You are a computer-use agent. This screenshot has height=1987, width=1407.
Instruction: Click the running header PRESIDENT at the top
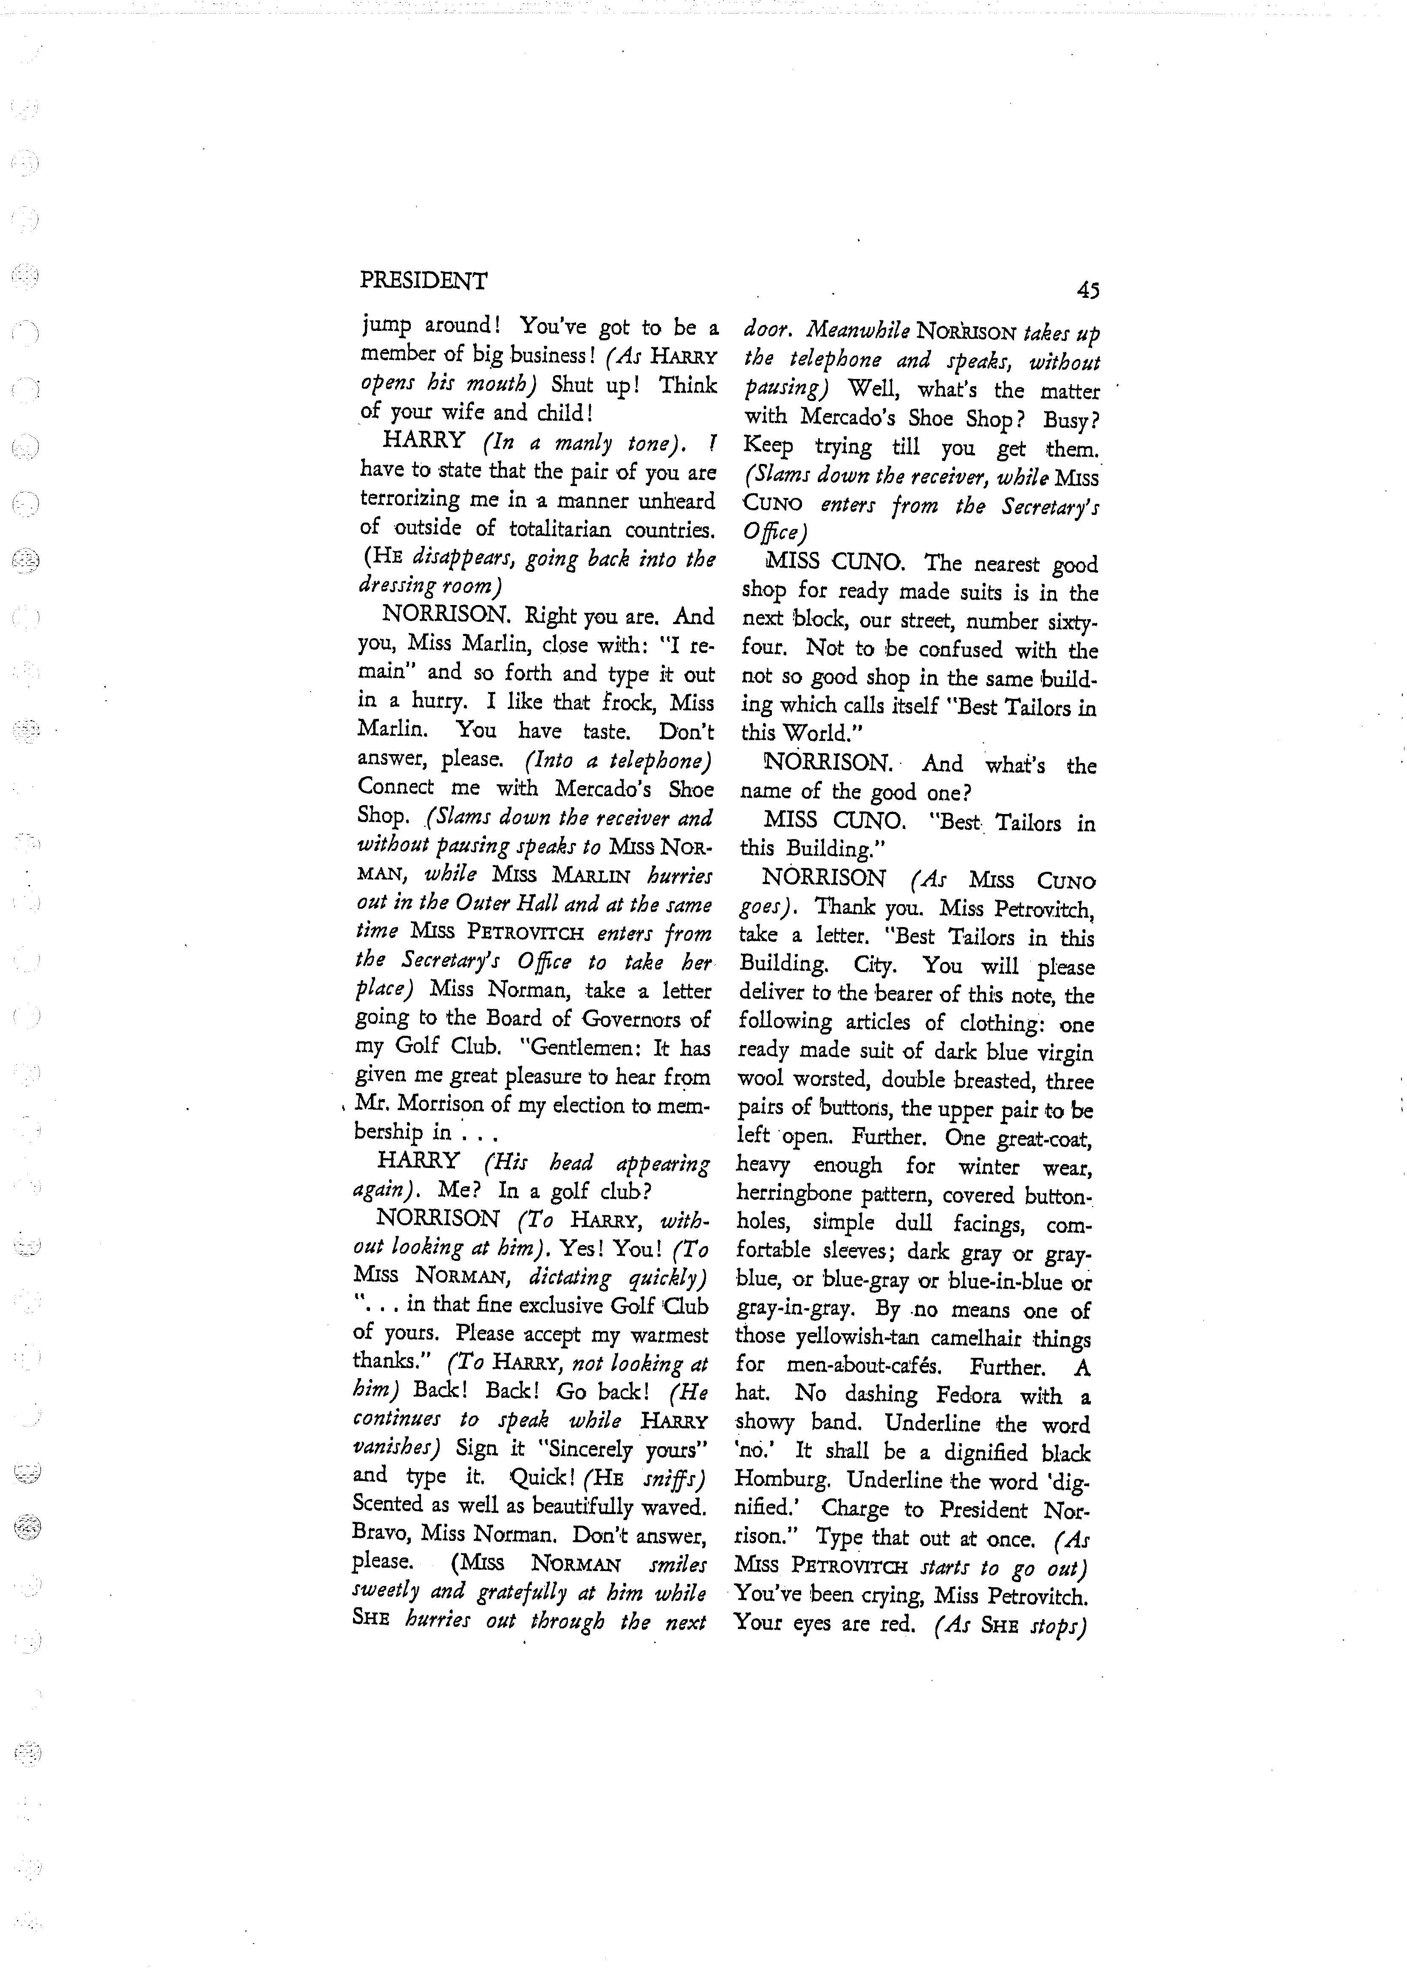coord(424,281)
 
